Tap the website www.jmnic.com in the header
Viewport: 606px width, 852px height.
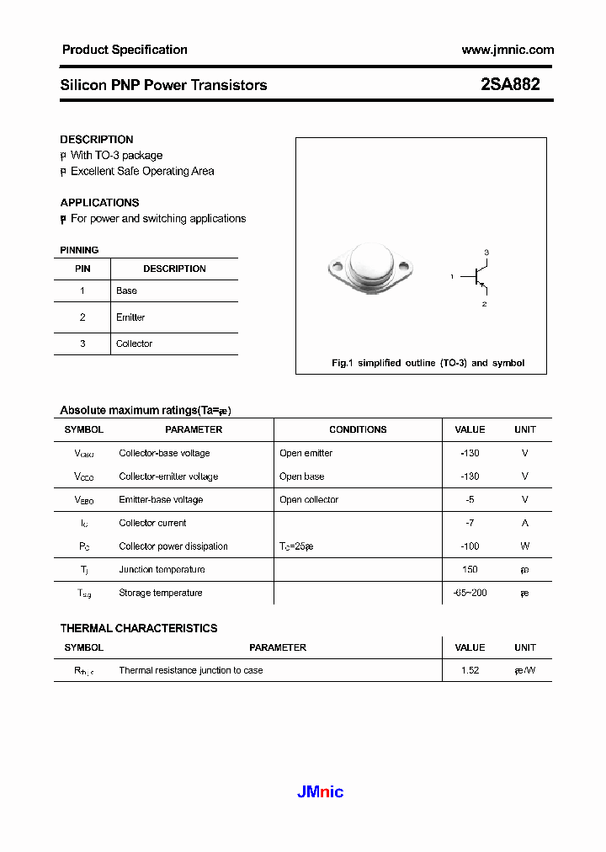[x=508, y=50]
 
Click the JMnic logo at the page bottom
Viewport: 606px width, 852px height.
[x=321, y=791]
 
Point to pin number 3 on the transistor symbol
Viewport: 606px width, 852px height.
[x=486, y=253]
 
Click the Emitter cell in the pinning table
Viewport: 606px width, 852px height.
[x=130, y=317]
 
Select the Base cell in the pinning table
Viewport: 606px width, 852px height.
[x=126, y=290]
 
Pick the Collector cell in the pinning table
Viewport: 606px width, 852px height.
[x=134, y=343]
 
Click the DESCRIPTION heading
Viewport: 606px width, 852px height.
[x=97, y=140]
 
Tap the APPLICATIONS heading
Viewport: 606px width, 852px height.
[x=99, y=203]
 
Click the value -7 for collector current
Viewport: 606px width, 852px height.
[x=470, y=523]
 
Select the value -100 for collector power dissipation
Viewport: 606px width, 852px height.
[x=470, y=546]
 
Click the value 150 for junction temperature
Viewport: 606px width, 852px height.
[x=470, y=570]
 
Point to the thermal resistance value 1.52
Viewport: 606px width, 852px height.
[x=470, y=670]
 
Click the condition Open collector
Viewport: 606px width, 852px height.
[x=309, y=499]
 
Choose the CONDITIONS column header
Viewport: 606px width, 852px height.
[x=358, y=429]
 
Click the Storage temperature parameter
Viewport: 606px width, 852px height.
[x=161, y=593]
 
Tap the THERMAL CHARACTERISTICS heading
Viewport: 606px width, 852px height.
[x=139, y=628]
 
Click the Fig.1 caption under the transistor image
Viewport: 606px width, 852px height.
[x=428, y=363]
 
